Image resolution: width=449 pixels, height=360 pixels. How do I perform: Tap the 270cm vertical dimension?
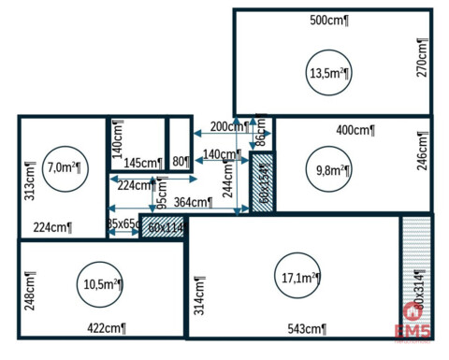422,57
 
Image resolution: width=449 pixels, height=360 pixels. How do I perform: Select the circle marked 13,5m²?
328,73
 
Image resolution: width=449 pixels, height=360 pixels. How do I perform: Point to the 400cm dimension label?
355,130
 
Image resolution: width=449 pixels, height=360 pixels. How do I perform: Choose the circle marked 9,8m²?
332,170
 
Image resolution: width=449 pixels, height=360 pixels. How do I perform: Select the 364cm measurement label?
192,202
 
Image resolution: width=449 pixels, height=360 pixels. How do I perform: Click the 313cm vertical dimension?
30,179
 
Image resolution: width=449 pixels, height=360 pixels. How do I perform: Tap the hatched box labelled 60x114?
163,226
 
